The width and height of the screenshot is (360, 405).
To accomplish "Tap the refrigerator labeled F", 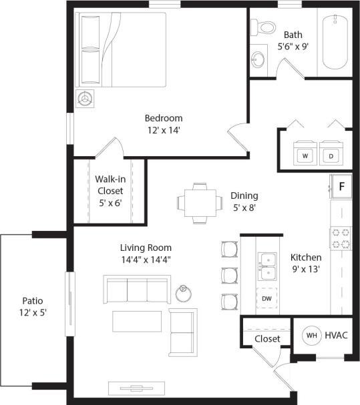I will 341,186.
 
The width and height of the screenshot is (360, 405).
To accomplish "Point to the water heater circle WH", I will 311,336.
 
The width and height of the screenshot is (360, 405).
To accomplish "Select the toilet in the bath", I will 264,27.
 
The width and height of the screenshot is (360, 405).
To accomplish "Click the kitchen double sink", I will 268,266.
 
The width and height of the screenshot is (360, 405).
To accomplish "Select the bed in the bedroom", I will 123,49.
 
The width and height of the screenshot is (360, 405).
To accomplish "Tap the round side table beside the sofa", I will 184,293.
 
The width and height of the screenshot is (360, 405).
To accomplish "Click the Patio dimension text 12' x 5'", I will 33,312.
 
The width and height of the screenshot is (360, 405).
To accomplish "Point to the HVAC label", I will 336,336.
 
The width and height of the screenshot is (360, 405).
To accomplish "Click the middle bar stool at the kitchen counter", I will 228,274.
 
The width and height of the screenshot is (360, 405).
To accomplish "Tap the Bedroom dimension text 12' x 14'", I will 163,130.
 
